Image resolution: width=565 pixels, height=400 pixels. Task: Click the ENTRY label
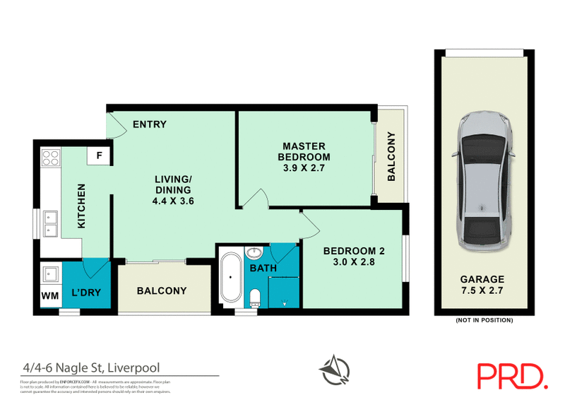pos(149,124)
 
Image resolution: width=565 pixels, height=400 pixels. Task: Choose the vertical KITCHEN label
pos(81,206)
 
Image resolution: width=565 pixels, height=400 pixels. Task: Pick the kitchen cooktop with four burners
pos(51,158)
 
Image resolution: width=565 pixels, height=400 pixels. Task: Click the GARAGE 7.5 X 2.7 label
pos(484,285)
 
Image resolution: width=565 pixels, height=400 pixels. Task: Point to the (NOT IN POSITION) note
pos(484,320)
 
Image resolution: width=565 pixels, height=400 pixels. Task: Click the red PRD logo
pos(513,375)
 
